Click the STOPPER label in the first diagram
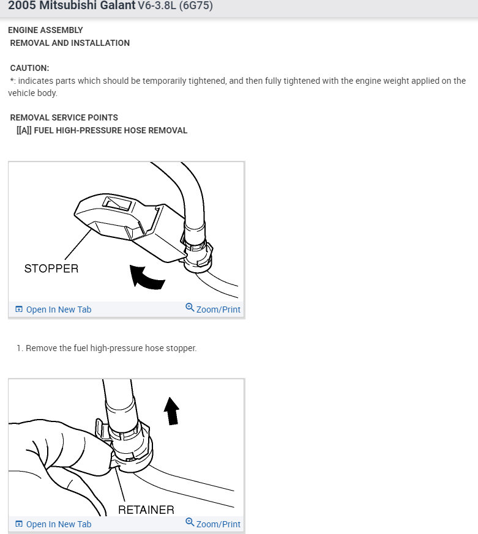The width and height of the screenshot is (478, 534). click(x=51, y=268)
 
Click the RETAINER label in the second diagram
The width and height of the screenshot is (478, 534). click(x=146, y=509)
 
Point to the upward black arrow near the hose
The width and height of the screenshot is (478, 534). click(x=172, y=410)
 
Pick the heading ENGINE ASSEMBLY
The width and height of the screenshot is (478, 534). click(x=45, y=30)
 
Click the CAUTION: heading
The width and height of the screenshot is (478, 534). click(x=29, y=68)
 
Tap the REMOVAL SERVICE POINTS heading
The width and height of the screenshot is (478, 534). click(x=64, y=117)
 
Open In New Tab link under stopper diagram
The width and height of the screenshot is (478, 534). click(x=58, y=310)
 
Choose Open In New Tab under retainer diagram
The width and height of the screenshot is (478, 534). click(x=58, y=524)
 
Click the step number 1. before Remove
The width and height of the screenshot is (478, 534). click(x=20, y=348)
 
